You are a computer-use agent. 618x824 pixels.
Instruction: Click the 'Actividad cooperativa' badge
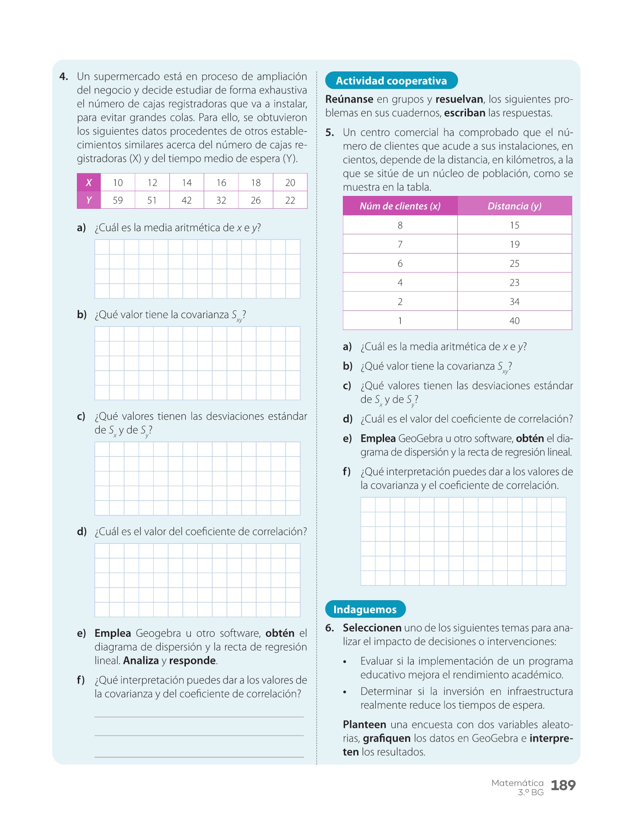[x=391, y=81]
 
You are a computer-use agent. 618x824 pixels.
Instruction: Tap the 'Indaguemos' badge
[x=365, y=609]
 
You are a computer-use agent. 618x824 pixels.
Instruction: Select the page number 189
[x=563, y=786]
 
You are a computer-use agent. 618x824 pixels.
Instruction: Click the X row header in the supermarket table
[x=89, y=182]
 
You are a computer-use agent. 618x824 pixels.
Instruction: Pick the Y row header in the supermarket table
[x=89, y=200]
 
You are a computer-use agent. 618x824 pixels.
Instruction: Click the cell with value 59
[x=118, y=200]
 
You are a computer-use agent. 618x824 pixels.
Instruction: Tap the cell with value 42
[x=187, y=200]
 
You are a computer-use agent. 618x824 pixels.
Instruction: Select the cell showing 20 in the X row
[x=290, y=183]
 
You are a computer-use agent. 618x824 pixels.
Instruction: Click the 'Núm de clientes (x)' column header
[x=400, y=206]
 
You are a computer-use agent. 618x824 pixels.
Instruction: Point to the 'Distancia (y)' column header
[x=515, y=206]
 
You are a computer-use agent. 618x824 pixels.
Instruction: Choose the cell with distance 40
[x=515, y=321]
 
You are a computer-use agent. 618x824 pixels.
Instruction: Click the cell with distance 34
[x=515, y=302]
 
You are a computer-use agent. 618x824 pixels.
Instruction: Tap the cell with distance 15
[x=515, y=225]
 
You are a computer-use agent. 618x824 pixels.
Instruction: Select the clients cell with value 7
[x=400, y=244]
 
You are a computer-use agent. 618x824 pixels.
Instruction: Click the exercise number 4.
[x=64, y=76]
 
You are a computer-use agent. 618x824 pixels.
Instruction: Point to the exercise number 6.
[x=330, y=628]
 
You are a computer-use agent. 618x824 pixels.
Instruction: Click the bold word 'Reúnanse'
[x=349, y=99]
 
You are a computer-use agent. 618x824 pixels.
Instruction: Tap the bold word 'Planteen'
[x=364, y=725]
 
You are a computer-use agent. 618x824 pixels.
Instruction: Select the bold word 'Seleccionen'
[x=372, y=628]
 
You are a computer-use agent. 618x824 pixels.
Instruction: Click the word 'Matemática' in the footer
[x=517, y=783]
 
